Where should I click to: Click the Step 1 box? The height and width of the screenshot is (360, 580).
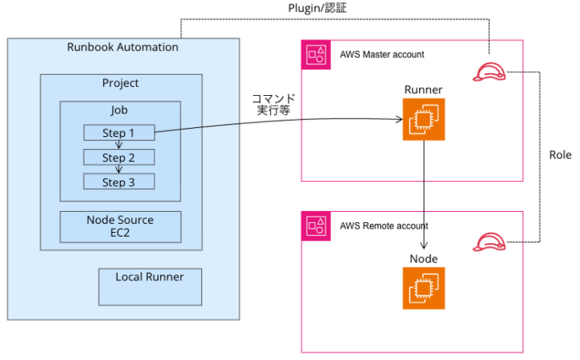119,133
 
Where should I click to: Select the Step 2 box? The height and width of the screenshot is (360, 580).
119,157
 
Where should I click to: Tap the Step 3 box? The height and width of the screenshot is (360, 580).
119,182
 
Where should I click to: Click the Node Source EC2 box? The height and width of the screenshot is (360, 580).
120,226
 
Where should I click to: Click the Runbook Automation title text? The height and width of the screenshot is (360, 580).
122,47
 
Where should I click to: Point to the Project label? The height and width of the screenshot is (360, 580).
120,83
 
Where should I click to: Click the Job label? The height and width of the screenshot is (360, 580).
119,110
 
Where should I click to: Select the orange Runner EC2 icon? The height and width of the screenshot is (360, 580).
424,119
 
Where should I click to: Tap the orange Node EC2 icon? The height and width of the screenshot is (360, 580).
424,288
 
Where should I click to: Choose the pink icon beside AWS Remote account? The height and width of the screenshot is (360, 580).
316,226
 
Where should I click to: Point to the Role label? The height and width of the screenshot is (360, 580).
560,155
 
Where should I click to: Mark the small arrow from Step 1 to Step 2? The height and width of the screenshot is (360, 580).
119,145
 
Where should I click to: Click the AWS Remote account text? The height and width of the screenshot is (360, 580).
384,226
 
